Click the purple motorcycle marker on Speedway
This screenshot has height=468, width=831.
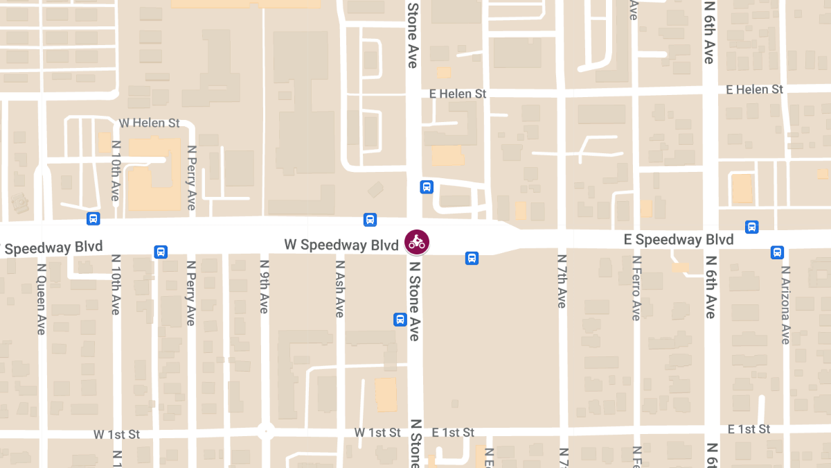click(417, 242)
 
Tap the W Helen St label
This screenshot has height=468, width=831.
click(149, 123)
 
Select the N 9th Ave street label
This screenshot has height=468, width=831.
click(264, 286)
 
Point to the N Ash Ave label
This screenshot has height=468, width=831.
click(339, 288)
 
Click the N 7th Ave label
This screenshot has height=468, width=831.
click(562, 281)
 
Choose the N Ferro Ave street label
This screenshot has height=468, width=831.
click(636, 288)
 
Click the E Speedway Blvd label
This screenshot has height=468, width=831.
click(679, 240)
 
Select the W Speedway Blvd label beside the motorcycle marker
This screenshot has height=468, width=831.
click(341, 245)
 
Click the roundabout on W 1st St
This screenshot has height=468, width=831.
click(265, 431)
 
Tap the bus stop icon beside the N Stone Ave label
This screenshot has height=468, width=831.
click(400, 320)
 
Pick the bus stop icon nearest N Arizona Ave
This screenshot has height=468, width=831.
click(777, 252)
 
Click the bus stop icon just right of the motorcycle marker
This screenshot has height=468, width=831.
click(472, 259)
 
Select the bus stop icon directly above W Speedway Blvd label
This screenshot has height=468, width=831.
click(370, 220)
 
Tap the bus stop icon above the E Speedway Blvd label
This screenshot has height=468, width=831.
click(751, 227)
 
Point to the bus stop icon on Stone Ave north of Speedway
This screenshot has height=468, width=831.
click(427, 187)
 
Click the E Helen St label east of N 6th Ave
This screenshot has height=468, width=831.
click(754, 89)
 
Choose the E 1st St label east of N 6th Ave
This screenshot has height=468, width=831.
click(749, 429)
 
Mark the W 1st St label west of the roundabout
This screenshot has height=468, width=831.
click(116, 435)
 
